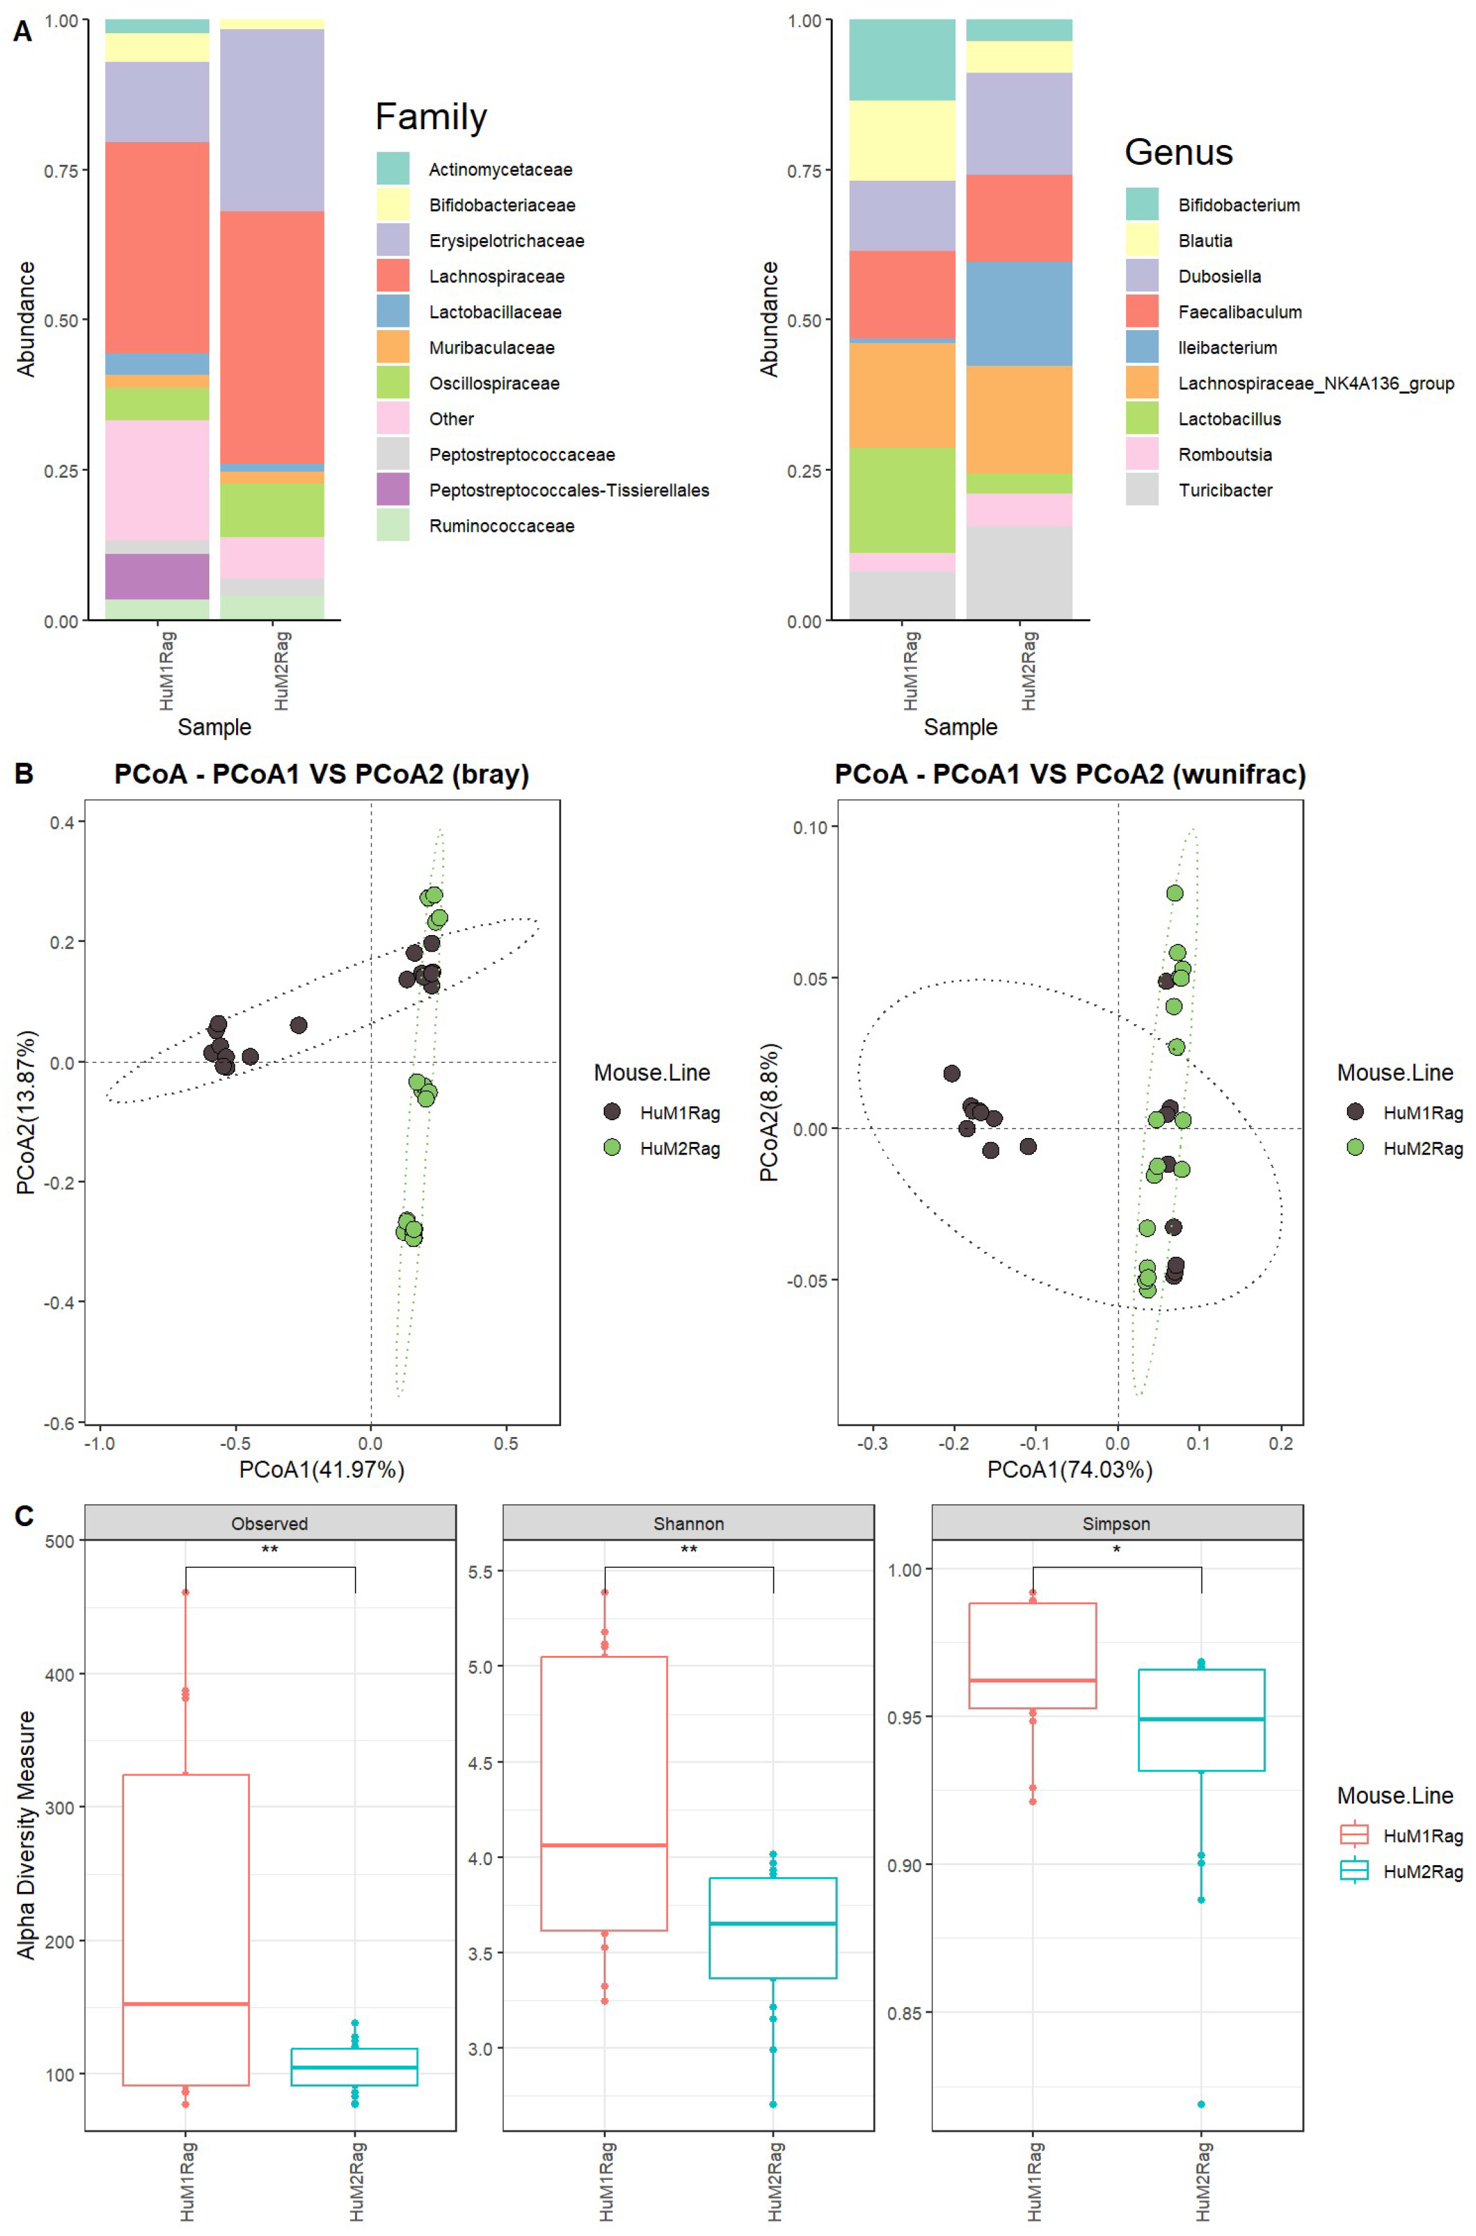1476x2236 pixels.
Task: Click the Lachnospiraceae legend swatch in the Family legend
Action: [393, 275]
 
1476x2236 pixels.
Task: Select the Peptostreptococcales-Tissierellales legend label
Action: [569, 490]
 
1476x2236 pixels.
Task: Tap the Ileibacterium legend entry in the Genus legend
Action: [1227, 347]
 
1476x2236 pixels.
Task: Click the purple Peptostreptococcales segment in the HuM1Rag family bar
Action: [157, 576]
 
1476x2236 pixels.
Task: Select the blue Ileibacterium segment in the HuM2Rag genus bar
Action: [1019, 314]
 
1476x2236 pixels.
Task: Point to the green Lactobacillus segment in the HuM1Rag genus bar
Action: [902, 500]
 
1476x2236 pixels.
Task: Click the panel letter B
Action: [24, 774]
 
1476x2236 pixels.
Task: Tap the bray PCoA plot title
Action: [322, 775]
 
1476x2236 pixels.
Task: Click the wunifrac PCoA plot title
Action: [1070, 775]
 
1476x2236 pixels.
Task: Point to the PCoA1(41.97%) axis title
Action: [322, 1469]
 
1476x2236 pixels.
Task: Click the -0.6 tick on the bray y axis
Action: [59, 1423]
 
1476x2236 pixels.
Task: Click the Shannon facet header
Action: [688, 1524]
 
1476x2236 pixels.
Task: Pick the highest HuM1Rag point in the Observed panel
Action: [185, 1592]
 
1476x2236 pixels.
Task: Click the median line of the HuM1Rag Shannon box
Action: [604, 1845]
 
